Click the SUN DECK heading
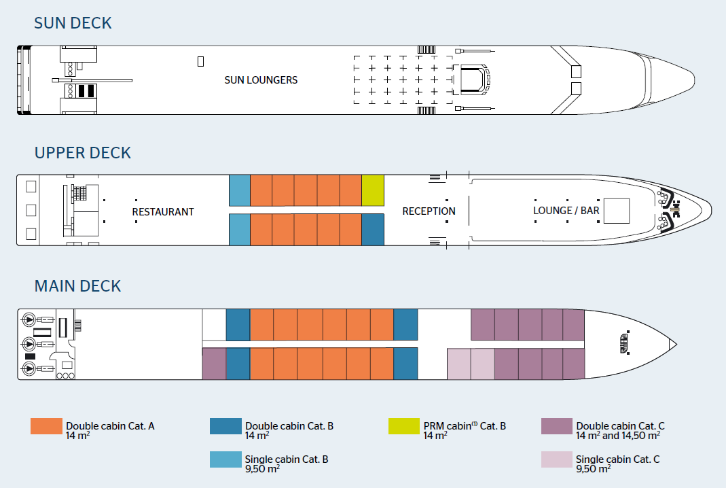point(73,23)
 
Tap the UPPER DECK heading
point(82,153)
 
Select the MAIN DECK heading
point(77,286)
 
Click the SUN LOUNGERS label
point(261,80)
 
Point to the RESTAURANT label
point(163,212)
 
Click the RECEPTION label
point(429,211)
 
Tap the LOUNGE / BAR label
point(566,211)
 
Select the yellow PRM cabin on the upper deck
point(373,190)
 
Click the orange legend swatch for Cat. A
point(46,426)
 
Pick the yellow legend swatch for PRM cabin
point(403,426)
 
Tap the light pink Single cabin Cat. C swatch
point(557,459)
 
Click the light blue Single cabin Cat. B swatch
point(225,459)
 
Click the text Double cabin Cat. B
point(289,426)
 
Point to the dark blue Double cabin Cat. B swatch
point(225,426)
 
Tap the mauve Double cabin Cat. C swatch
point(557,426)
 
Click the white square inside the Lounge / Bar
point(616,211)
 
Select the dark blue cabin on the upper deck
point(373,230)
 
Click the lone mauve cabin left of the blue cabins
point(214,364)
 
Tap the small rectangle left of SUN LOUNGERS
point(200,61)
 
